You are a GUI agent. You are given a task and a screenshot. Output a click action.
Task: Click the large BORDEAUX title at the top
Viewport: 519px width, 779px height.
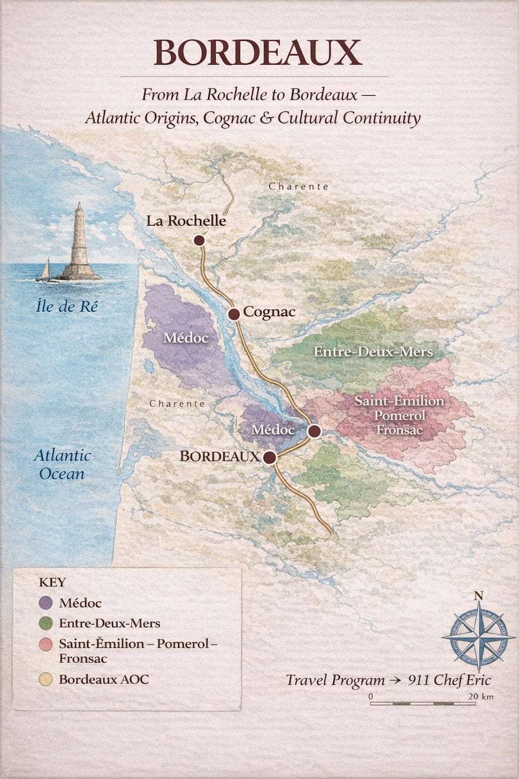click(258, 53)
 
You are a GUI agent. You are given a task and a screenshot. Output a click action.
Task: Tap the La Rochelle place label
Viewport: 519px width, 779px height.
click(186, 220)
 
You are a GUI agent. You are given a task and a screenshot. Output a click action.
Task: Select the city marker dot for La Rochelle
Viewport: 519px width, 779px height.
click(200, 241)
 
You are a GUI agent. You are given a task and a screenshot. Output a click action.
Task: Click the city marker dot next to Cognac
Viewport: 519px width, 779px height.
click(234, 314)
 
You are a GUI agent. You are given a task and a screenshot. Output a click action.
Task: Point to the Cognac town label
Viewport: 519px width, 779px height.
click(269, 312)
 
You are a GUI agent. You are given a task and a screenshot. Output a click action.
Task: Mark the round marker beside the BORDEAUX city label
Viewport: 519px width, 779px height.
click(269, 458)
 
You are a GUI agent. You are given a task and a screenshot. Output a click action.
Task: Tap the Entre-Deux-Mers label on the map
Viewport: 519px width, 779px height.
click(373, 351)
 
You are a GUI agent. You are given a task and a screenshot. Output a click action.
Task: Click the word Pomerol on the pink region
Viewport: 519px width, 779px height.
click(399, 415)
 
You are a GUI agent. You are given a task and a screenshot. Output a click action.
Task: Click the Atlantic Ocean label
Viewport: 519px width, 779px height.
click(62, 465)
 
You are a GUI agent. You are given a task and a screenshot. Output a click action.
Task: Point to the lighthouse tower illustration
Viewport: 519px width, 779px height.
click(80, 242)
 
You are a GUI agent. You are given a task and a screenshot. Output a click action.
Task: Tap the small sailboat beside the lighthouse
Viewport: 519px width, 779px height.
click(44, 271)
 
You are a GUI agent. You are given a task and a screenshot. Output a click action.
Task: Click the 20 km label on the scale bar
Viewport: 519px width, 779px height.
click(480, 696)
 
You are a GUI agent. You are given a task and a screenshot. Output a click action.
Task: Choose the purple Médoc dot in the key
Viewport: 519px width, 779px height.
click(47, 603)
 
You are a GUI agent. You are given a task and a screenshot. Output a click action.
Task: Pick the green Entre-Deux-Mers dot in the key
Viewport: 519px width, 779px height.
click(47, 623)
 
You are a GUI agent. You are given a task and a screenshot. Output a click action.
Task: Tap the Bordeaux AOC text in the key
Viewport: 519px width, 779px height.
click(103, 679)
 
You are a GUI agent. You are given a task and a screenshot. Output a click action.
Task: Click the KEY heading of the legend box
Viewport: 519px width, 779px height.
click(52, 582)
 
